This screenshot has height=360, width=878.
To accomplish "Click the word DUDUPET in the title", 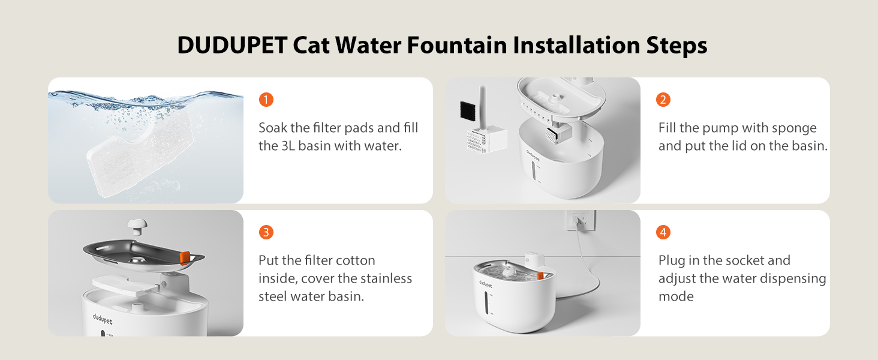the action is (233, 45).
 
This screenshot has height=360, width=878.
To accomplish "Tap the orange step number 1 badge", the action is (266, 100).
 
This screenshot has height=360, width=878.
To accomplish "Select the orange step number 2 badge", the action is (663, 100).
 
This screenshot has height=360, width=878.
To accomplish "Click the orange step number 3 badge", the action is (266, 232).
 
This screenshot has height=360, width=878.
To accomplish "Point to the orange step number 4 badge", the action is (663, 232).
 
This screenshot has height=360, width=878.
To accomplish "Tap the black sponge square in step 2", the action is (468, 110).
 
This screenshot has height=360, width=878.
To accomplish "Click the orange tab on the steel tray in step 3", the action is (185, 258).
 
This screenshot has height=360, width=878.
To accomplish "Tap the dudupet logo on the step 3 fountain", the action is (103, 319).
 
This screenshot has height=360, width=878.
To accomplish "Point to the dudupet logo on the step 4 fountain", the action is (486, 284).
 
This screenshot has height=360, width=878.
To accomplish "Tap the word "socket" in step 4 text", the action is (735, 260).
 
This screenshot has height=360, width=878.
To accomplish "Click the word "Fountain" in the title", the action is (457, 45).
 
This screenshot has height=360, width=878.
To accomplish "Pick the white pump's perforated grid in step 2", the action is (476, 141).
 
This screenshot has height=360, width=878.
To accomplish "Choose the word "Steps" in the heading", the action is (677, 46).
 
